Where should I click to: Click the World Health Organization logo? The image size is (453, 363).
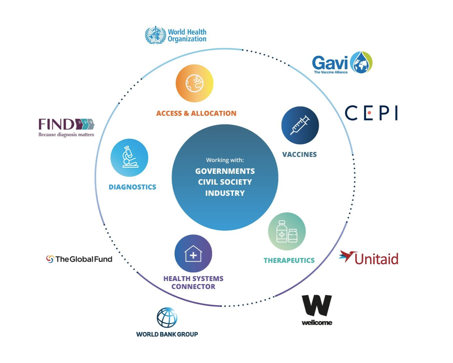(176, 35)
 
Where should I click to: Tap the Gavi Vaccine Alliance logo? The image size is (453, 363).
(342, 63)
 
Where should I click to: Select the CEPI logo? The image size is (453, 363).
(371, 113)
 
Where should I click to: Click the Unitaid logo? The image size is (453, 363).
(369, 258)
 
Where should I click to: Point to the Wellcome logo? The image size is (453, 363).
(317, 309)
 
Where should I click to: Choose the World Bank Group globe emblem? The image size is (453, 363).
(167, 317)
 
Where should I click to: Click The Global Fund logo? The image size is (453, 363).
(79, 259)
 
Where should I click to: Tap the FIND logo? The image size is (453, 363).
(66, 124)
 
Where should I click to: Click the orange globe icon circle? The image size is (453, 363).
(194, 83)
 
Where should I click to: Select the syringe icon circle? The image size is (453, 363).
(300, 125)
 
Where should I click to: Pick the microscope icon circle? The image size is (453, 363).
(129, 157)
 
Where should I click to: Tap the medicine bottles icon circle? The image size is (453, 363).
(286, 231)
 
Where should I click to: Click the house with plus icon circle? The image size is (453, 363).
(193, 254)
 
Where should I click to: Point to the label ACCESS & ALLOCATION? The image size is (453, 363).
(196, 113)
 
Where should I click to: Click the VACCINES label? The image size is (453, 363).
(299, 154)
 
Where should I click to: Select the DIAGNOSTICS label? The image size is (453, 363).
(132, 187)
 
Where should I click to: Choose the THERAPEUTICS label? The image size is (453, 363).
(289, 260)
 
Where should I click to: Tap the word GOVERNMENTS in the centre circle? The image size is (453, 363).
(225, 171)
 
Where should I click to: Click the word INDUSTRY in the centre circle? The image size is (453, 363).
(225, 193)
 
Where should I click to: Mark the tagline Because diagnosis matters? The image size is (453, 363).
(66, 134)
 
